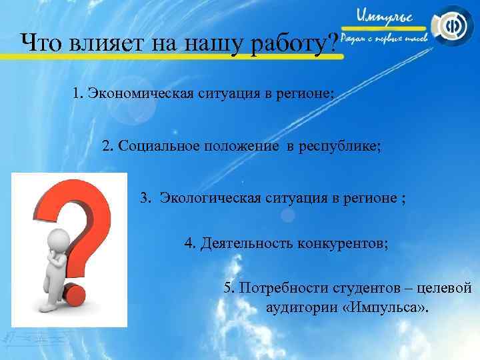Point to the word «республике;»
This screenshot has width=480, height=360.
341,146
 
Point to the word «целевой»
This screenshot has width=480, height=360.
446,288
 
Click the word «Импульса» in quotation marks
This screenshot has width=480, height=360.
390,309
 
